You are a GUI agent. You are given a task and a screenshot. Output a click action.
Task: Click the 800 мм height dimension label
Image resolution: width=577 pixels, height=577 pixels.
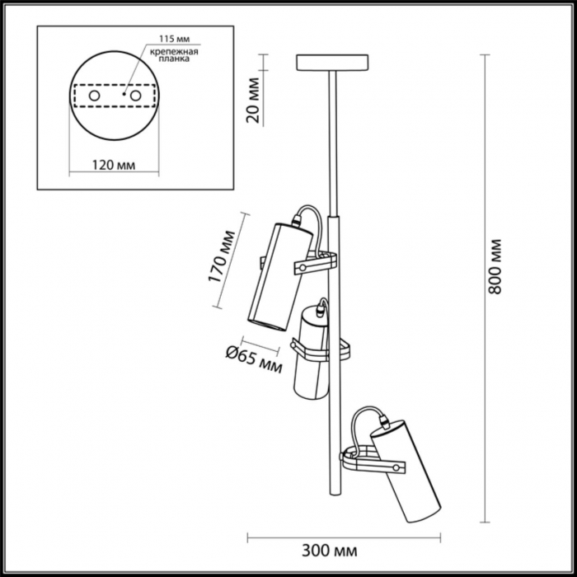tap(495, 269)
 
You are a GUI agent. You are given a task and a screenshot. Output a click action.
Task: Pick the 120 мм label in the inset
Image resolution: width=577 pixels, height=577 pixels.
tap(113, 165)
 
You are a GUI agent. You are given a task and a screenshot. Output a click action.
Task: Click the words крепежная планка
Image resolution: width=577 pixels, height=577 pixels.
tap(171, 55)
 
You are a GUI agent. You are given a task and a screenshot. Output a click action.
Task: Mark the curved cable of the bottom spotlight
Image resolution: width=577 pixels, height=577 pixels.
tap(363, 420)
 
